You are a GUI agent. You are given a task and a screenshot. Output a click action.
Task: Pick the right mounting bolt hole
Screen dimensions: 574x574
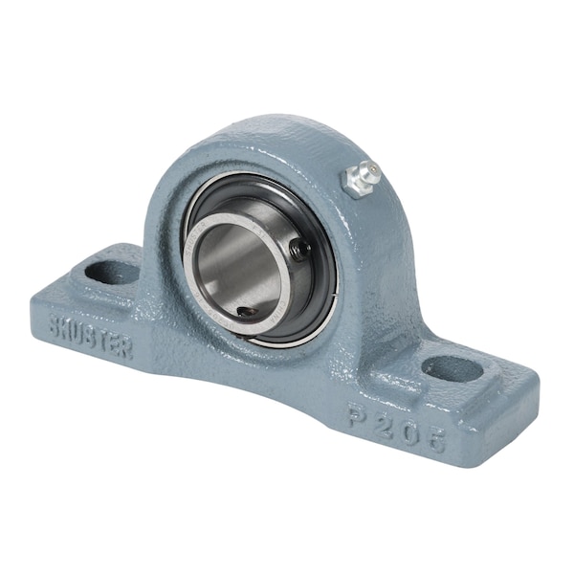[452, 368]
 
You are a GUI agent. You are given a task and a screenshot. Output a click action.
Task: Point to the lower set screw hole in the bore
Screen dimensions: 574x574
[246, 311]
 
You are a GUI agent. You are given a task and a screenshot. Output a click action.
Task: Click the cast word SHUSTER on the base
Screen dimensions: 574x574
[91, 334]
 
